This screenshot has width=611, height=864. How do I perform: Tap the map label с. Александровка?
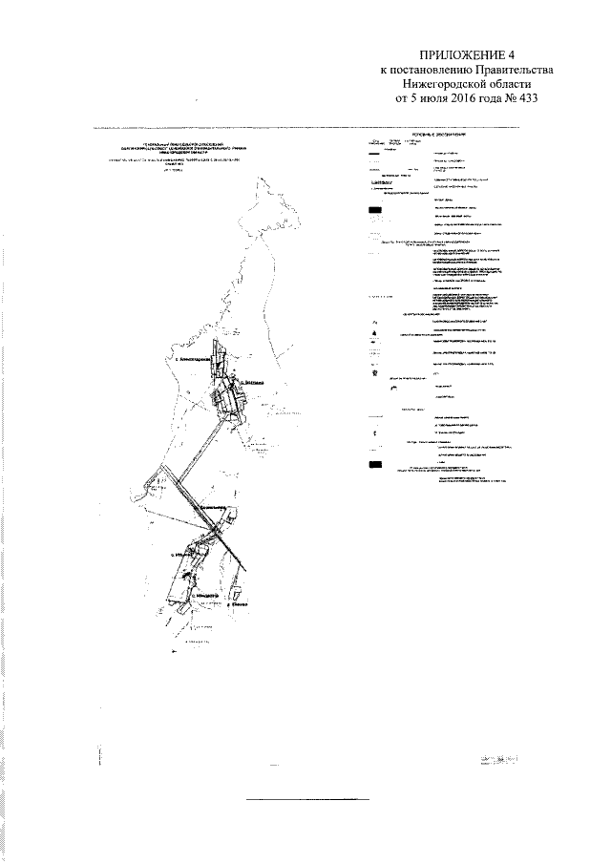(x=195, y=361)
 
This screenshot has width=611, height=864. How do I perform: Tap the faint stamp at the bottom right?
(x=501, y=760)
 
